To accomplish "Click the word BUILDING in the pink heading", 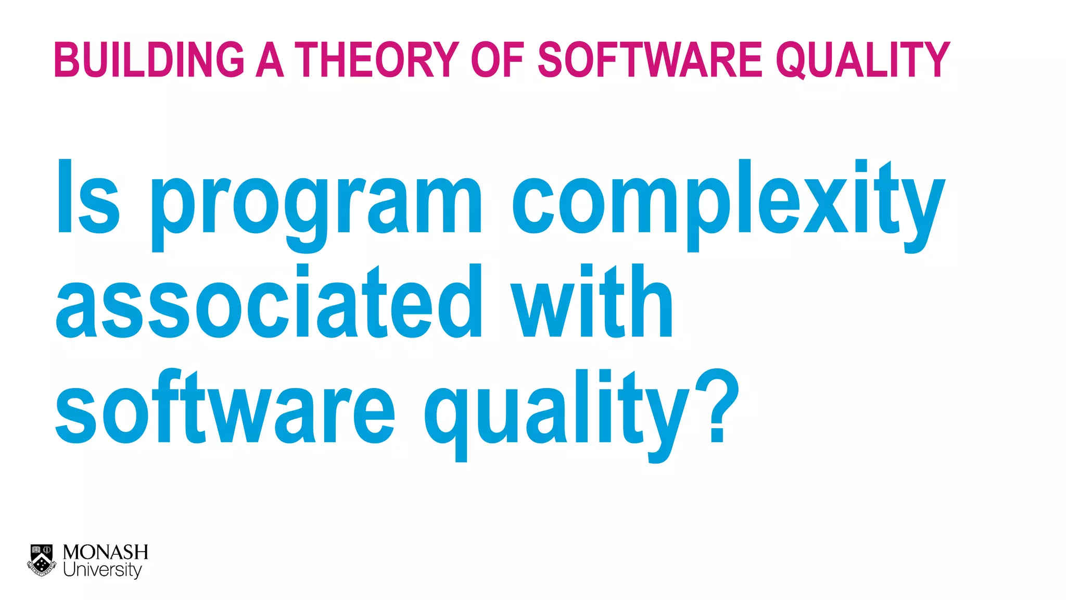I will pos(149,60).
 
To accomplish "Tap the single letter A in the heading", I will pos(270,60).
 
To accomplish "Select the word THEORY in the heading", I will pos(377,60).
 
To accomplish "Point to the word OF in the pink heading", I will pos(497,60).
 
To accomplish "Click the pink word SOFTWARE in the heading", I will pos(650,60).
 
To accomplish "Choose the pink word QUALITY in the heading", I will pos(863,60).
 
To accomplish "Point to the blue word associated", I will pos(269,302).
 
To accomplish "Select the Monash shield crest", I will pos(42,560).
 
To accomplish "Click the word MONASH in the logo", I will pos(105,552).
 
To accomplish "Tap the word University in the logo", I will pos(102,570).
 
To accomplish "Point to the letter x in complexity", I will pos(826,206).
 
